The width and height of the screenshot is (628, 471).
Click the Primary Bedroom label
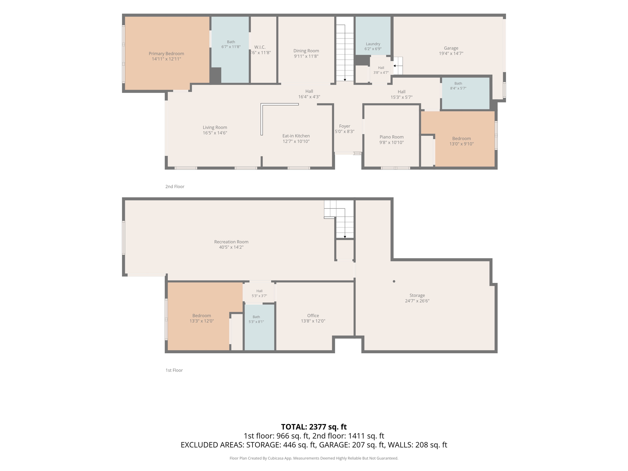tap(166, 54)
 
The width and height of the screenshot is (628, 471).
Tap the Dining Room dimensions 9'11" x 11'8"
tap(306, 56)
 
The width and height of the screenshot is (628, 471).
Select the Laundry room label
tap(373, 44)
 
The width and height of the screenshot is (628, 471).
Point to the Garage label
tap(451, 48)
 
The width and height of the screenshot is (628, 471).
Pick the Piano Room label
tap(392, 137)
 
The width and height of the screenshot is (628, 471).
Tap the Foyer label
tap(345, 126)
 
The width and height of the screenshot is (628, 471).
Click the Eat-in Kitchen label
tap(296, 136)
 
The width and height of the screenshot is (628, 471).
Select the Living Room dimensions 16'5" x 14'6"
tap(215, 133)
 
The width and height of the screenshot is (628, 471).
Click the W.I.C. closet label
tap(260, 47)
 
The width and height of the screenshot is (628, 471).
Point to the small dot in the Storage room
tap(394, 281)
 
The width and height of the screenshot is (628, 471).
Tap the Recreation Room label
tap(231, 242)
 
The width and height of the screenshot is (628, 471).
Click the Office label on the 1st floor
tap(313, 316)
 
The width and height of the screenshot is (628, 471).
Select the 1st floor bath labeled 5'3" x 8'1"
tap(256, 319)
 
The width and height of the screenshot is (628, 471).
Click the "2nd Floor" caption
tap(175, 186)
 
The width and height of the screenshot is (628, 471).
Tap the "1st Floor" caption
tap(174, 370)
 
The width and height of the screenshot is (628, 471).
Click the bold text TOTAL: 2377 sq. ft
tap(314, 427)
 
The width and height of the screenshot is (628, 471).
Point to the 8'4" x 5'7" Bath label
tap(458, 86)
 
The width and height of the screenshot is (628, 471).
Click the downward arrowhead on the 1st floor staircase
tap(345, 237)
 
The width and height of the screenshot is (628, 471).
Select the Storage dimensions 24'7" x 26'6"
tap(417, 301)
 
